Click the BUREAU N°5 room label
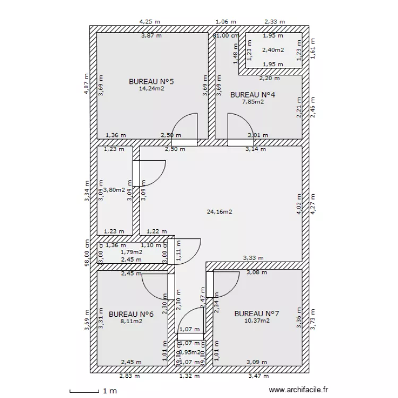tap(151, 82)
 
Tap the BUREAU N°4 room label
tap(252, 95)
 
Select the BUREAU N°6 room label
tap(131, 314)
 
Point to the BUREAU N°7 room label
tap(256, 313)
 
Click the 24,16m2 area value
tap(220, 212)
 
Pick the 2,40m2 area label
tap(273, 50)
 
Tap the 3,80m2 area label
tap(114, 189)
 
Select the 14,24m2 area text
tap(151, 89)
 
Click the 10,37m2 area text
tap(257, 321)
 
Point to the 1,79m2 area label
tap(131, 252)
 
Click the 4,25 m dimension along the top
tap(150, 22)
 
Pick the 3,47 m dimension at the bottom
tap(259, 376)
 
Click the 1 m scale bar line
tap(84, 392)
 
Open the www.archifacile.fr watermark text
tap(299, 390)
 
